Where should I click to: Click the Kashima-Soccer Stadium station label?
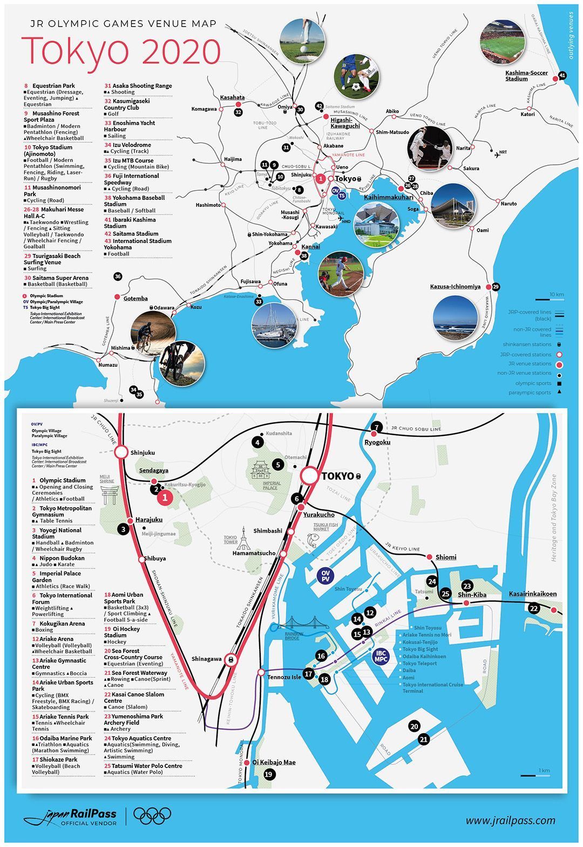click(526, 76)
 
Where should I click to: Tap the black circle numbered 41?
click(562, 75)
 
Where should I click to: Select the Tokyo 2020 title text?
click(121, 51)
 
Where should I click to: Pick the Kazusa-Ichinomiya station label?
click(455, 287)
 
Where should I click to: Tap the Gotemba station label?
click(135, 299)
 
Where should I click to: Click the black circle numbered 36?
click(118, 277)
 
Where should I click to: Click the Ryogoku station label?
click(377, 442)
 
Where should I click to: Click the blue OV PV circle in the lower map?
click(325, 575)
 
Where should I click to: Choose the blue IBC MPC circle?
click(381, 656)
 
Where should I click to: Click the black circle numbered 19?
click(269, 774)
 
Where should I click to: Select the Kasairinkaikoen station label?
click(533, 594)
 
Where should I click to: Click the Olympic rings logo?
click(152, 816)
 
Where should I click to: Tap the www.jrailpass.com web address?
click(510, 821)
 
